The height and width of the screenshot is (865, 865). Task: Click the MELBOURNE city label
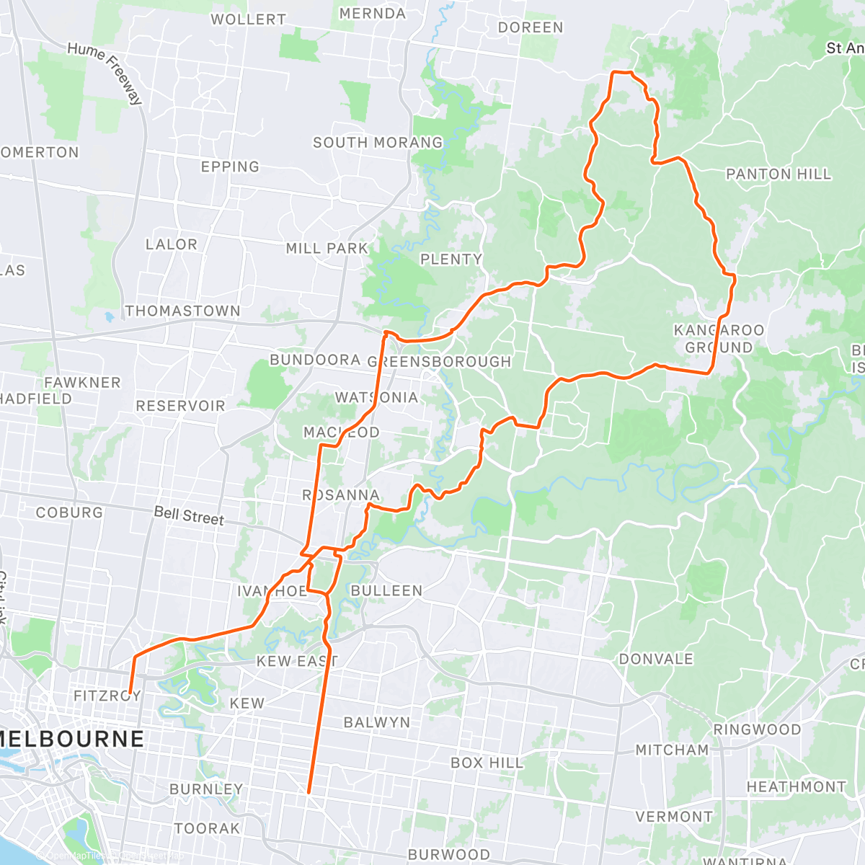point(72,739)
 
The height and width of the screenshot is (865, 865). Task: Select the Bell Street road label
point(189,515)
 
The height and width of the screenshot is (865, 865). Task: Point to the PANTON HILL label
point(778,174)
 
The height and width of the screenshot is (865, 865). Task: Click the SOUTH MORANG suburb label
point(378,143)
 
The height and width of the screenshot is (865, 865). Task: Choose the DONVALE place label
point(656,659)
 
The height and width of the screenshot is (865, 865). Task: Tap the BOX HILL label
point(487,763)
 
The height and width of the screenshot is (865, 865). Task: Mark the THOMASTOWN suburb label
point(183,311)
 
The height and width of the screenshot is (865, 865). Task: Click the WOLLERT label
point(248,19)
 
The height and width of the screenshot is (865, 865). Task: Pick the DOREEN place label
point(531,27)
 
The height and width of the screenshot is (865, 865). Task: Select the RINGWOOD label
point(757,729)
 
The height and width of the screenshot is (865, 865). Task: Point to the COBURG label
point(69,513)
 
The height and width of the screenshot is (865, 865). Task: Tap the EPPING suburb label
point(230,167)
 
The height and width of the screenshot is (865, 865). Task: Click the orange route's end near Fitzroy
point(129,691)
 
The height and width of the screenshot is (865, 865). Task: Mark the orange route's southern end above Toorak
point(309,791)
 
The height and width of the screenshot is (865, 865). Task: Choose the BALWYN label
point(376,722)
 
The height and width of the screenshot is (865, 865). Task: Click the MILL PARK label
point(327,249)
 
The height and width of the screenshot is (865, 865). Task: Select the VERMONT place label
point(673,817)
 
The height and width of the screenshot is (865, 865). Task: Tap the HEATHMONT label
point(796,786)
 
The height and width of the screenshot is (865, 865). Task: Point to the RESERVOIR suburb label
point(180,406)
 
